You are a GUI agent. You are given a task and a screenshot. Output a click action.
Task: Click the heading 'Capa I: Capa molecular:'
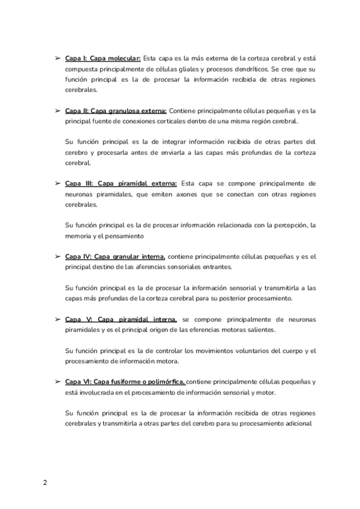(x=102, y=59)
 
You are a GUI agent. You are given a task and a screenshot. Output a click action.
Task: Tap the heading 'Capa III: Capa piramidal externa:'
(x=121, y=184)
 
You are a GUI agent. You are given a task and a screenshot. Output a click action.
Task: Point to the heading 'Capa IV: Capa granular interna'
(x=115, y=256)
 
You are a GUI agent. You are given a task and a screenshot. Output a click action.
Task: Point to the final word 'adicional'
(x=296, y=424)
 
